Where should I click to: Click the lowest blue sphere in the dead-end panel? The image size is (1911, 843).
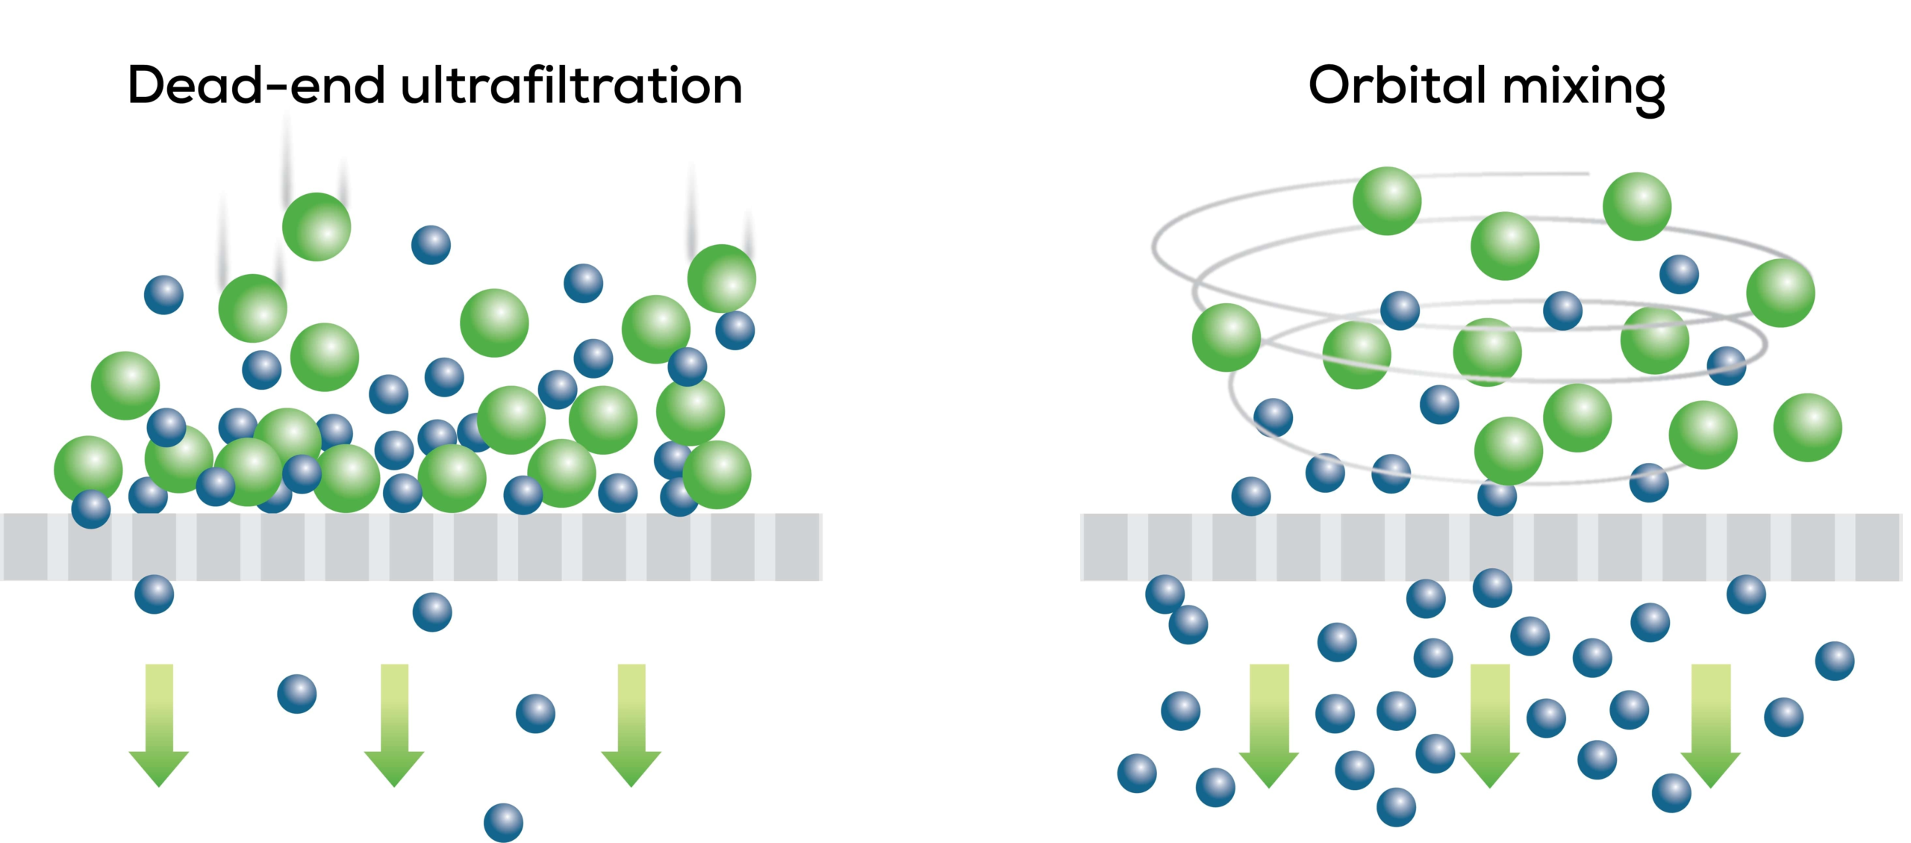[x=504, y=821]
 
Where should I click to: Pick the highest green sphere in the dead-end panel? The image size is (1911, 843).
[x=317, y=227]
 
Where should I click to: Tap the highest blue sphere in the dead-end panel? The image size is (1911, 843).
[x=431, y=245]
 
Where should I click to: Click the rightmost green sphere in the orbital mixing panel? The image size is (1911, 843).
[x=1807, y=428]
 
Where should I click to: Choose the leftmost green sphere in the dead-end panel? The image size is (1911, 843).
[x=88, y=469]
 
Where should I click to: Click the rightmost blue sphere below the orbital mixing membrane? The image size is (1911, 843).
[x=1835, y=662]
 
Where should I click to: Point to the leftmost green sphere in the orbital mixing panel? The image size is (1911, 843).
[x=1226, y=337]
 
